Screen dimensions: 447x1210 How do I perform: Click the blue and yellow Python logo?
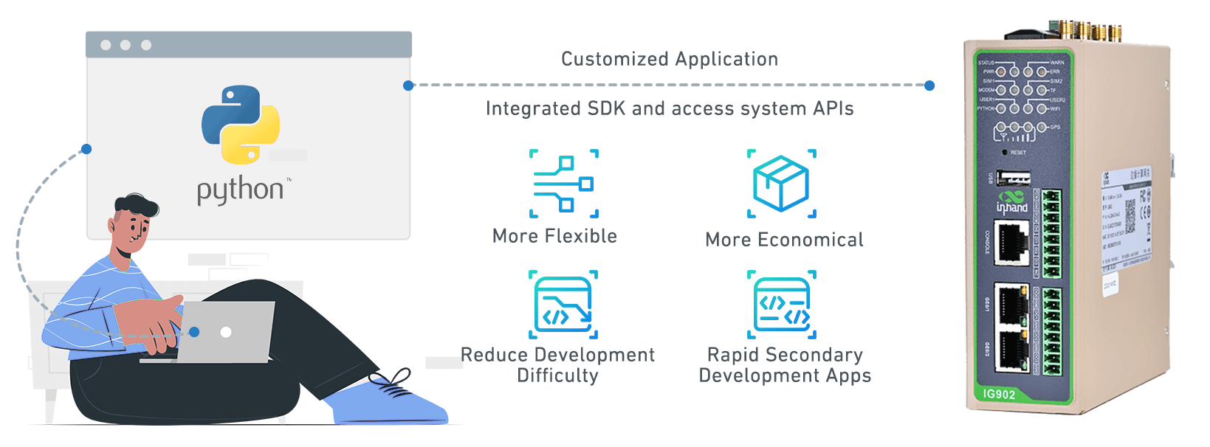coord(241,124)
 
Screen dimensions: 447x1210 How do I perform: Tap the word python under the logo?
coord(241,190)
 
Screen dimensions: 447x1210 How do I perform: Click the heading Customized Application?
coord(670,59)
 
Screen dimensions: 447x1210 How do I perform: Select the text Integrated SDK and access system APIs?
coord(670,108)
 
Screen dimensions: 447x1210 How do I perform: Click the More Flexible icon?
coord(564,184)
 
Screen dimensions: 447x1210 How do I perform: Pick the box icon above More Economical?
coord(781,184)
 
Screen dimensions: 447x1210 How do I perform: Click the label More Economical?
coord(784,240)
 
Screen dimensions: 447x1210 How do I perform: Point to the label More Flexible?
coord(554,236)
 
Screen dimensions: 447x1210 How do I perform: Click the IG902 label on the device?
coord(999,394)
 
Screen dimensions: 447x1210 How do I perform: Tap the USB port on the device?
coord(1014,178)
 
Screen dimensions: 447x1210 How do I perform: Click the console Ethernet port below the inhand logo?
coord(1011,243)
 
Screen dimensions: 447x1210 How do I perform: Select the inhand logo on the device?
coord(1011,202)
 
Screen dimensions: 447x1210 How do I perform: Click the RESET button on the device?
coord(1005,153)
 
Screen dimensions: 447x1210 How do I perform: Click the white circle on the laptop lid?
coord(226,332)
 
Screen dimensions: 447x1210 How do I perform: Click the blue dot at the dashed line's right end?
coord(929,86)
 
